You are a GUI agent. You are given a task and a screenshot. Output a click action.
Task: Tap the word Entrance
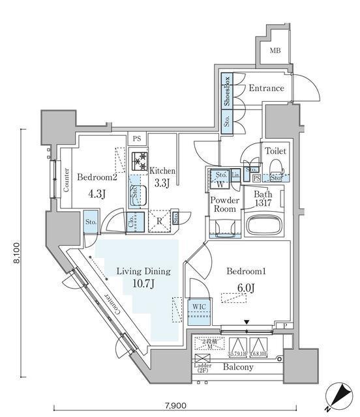tap(266, 88)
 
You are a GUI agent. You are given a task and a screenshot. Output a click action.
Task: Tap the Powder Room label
tap(224, 205)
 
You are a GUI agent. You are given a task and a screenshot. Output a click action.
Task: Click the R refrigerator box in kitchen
tap(159, 220)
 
